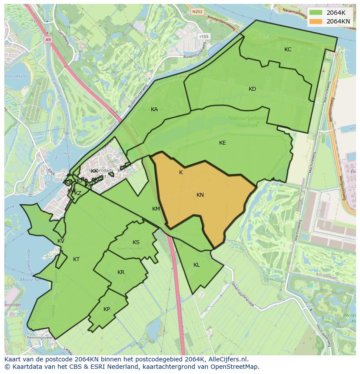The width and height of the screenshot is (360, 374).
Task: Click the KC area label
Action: click(288, 50)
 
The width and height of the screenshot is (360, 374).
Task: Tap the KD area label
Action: click(252, 89)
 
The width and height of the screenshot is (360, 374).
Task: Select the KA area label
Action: click(154, 109)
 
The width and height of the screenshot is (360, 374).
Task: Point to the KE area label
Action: click(222, 143)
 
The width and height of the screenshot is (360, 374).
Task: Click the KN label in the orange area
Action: click(200, 195)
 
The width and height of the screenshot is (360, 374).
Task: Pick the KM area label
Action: click(156, 209)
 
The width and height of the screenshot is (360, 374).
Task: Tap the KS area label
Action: click(136, 242)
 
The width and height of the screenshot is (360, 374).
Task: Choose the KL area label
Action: click(197, 265)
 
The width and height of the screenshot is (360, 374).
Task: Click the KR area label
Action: click(121, 272)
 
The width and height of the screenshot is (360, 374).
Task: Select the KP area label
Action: click(107, 309)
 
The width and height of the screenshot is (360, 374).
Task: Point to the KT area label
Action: click(76, 259)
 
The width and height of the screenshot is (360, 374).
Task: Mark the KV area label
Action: click(61, 241)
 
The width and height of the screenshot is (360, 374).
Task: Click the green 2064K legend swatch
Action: click(316, 13)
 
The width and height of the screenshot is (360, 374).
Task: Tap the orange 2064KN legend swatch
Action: click(316, 21)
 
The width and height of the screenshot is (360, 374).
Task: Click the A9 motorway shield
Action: click(48, 40)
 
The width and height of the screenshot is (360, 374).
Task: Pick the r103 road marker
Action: click(203, 36)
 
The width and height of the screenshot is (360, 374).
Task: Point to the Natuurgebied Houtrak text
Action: click(246, 121)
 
